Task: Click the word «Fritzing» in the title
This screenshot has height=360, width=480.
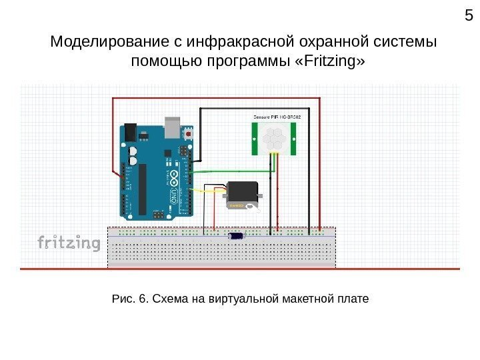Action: [x=333, y=62]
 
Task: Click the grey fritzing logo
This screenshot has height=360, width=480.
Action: [x=68, y=243]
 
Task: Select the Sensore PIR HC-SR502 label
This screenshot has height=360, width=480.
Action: [x=277, y=117]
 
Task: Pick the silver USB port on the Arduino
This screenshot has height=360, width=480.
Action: [x=173, y=125]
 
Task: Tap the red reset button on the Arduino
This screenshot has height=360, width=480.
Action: [x=189, y=134]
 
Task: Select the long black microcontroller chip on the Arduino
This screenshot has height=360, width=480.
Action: [x=142, y=189]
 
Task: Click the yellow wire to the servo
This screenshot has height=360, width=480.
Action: [x=210, y=190]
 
